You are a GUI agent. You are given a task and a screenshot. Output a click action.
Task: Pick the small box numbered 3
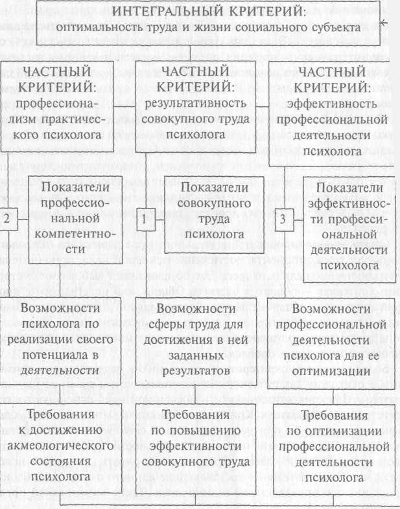point(283,220)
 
